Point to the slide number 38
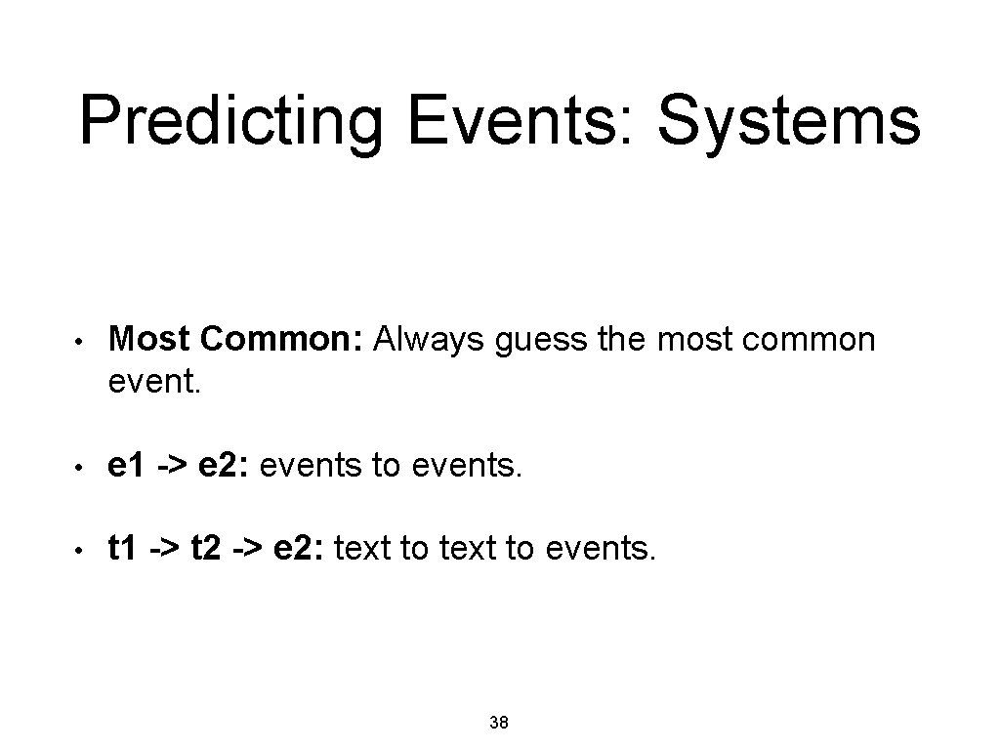498,724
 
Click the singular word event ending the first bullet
153,384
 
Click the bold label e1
126,468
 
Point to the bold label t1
123,550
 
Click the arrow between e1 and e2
167,469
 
